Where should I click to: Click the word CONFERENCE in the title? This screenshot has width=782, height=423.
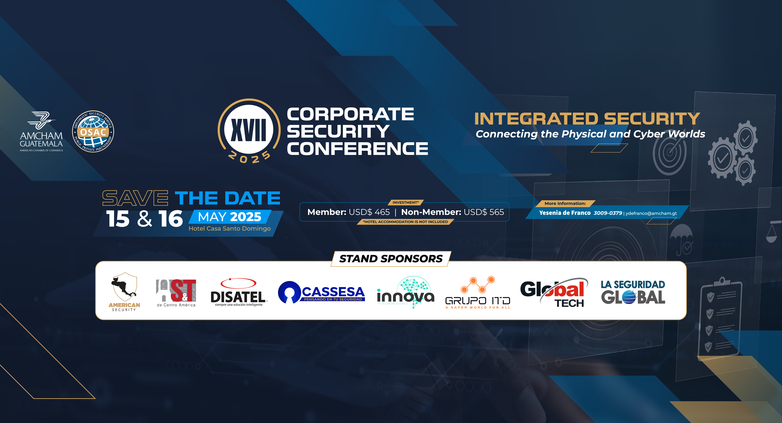357,149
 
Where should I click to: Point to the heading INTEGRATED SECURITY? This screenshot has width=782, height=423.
587,119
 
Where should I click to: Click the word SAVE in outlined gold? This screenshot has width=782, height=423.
135,198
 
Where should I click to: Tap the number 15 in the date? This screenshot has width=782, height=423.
118,219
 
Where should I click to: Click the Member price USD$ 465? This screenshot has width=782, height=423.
369,212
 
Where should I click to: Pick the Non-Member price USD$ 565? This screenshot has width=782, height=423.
484,212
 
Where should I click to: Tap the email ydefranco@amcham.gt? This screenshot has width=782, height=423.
651,213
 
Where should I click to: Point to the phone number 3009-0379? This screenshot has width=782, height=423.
608,213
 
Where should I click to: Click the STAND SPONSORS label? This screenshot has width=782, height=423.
391,259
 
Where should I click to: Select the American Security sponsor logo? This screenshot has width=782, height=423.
125,292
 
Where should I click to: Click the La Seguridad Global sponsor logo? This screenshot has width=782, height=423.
633,292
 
